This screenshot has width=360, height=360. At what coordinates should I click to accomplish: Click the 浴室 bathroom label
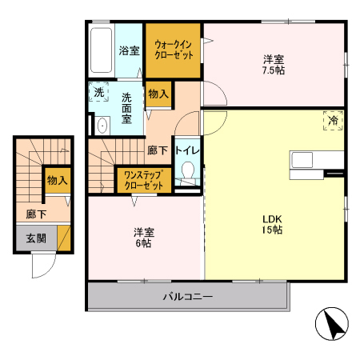130,50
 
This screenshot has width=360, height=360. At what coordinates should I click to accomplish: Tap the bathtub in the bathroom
102,50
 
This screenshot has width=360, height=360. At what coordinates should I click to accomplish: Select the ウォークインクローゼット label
172,50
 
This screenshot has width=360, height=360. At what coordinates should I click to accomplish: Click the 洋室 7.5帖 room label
274,64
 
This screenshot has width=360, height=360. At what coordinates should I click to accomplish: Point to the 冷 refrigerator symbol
332,121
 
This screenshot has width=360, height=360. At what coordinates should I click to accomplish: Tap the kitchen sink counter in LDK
306,160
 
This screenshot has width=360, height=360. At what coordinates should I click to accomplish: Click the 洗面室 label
128,108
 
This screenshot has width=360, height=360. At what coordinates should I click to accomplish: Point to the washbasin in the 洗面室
102,126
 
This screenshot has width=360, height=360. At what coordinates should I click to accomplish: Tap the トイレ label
188,150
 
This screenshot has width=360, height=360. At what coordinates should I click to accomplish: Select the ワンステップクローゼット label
144,179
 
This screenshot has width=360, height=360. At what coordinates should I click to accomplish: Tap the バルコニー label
188,297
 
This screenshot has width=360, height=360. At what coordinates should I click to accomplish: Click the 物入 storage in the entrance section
57,182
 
